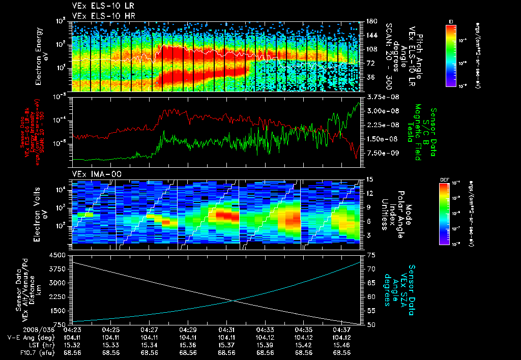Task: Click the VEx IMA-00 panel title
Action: [x=91, y=174]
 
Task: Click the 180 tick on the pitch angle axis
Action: [x=370, y=21]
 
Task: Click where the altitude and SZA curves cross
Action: [x=234, y=301]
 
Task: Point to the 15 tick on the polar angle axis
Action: [x=370, y=179]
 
